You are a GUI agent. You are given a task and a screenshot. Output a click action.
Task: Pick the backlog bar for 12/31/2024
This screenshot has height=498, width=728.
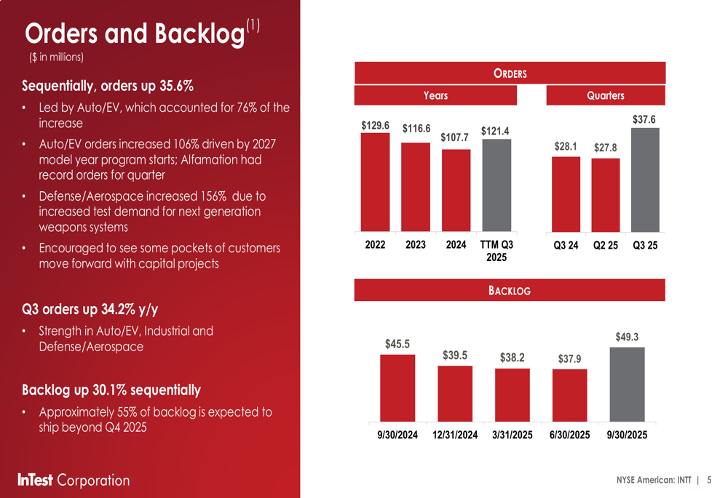(455, 393)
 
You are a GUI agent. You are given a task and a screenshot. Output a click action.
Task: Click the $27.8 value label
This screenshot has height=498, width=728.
(606, 148)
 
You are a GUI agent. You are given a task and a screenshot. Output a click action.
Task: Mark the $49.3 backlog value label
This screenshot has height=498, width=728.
(627, 337)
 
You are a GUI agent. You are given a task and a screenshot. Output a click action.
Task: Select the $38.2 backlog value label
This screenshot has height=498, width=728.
(513, 357)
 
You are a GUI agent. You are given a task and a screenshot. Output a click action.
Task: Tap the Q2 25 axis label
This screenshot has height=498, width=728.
(606, 245)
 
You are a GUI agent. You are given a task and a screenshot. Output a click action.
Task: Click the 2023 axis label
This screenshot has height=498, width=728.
(415, 245)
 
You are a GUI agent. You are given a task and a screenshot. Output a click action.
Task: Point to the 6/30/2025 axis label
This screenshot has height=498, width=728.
(569, 435)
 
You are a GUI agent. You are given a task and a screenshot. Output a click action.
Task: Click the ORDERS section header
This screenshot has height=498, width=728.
(510, 73)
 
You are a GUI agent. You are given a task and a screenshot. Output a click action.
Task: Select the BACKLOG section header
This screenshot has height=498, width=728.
(510, 291)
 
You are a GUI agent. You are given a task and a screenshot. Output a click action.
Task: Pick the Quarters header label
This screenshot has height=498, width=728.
(606, 95)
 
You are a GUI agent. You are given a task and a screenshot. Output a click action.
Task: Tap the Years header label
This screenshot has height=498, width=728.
(435, 95)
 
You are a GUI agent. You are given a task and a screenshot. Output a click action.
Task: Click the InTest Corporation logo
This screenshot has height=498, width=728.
(74, 480)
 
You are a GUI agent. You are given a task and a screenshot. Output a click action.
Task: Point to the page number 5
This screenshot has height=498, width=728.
(709, 480)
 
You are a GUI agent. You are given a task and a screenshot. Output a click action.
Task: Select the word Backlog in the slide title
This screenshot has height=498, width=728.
(198, 34)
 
